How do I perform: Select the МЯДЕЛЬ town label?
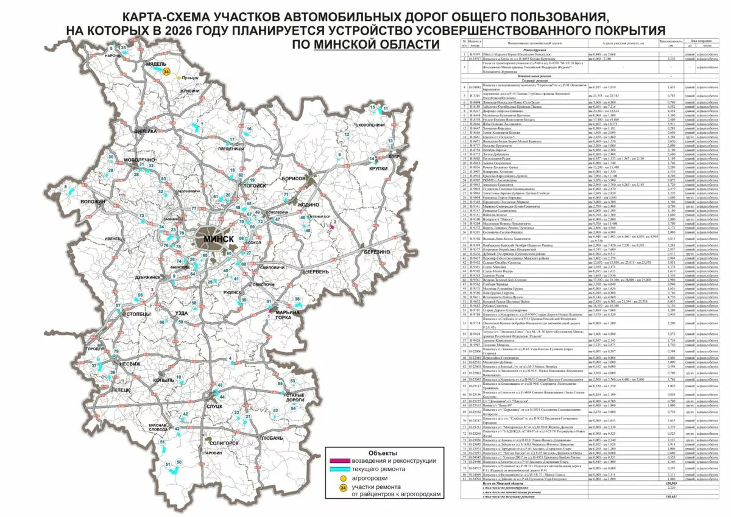pyautogui.click(x=155, y=63)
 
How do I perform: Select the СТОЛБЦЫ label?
pyautogui.click(x=136, y=314)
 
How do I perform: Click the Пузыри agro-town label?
pyautogui.click(x=191, y=78)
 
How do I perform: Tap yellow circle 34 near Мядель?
pyautogui.click(x=166, y=71)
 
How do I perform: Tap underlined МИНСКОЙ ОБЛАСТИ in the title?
pyautogui.click(x=376, y=44)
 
